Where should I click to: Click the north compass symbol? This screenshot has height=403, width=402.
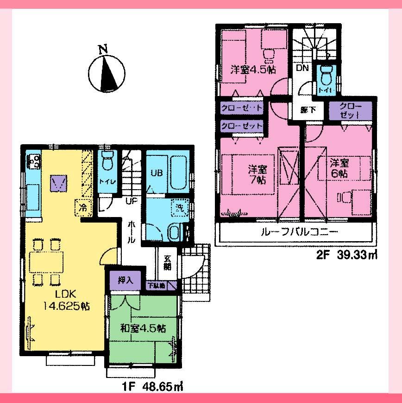click(x=106, y=72)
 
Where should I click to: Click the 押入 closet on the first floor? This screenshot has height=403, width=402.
click(x=125, y=280)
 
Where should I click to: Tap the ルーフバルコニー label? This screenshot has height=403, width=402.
click(x=295, y=232)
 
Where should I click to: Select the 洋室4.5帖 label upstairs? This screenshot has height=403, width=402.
click(x=253, y=70)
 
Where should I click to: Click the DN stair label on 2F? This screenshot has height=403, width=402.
click(x=302, y=69)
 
